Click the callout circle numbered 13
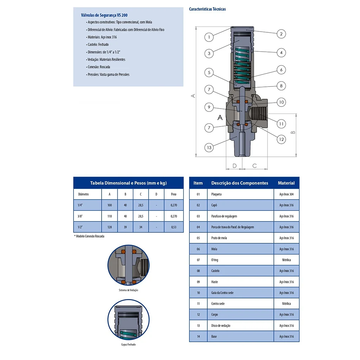pyautogui.click(x=209, y=147)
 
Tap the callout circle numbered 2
pyautogui.click(x=281, y=34)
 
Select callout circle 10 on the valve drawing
pyautogui.click(x=281, y=102)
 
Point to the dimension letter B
pyautogui.click(x=293, y=133)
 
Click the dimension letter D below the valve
pyautogui.click(x=234, y=166)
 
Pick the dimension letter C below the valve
pyautogui.click(x=255, y=166)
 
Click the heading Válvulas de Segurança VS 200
pyautogui.click(x=104, y=15)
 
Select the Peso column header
pyautogui.click(x=174, y=194)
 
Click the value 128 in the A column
pyautogui.click(x=110, y=227)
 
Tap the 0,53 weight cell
pyautogui.click(x=174, y=227)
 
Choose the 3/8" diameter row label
pyautogui.click(x=80, y=216)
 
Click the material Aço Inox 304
pyautogui.click(x=286, y=194)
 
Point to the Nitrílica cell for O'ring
pyautogui.click(x=286, y=260)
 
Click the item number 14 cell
pyautogui.click(x=198, y=336)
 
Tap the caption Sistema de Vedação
pyautogui.click(x=128, y=290)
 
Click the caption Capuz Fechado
pyautogui.click(x=128, y=345)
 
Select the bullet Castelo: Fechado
pyautogui.click(x=98, y=45)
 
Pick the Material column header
pyautogui.click(x=286, y=183)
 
